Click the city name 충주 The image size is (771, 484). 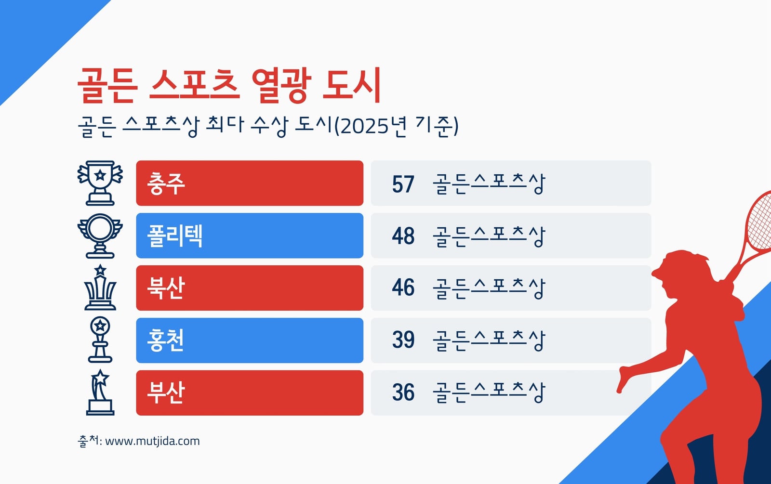[166, 183]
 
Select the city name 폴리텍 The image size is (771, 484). [175, 235]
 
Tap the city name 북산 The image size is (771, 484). [166, 288]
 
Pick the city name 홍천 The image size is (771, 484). [166, 340]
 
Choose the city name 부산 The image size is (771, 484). [166, 392]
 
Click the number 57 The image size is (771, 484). [403, 184]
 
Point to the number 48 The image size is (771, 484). [403, 236]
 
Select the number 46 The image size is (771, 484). [403, 288]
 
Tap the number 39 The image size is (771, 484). [403, 340]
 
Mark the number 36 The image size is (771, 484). [403, 392]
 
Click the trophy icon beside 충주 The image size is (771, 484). [100, 183]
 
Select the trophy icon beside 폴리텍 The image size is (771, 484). [100, 236]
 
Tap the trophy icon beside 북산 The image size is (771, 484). [100, 287]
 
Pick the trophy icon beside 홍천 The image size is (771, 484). [100, 340]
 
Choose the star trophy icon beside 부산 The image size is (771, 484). [100, 392]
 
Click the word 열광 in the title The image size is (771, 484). [282, 85]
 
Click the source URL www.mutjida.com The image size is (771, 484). [152, 441]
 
